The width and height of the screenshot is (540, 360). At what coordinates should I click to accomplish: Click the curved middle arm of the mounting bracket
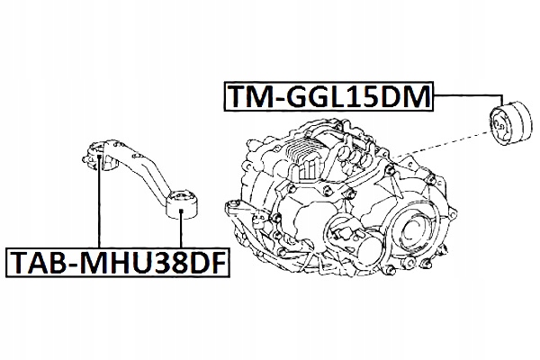click(x=139, y=171)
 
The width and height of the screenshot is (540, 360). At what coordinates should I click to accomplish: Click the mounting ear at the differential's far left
click(x=240, y=215)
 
